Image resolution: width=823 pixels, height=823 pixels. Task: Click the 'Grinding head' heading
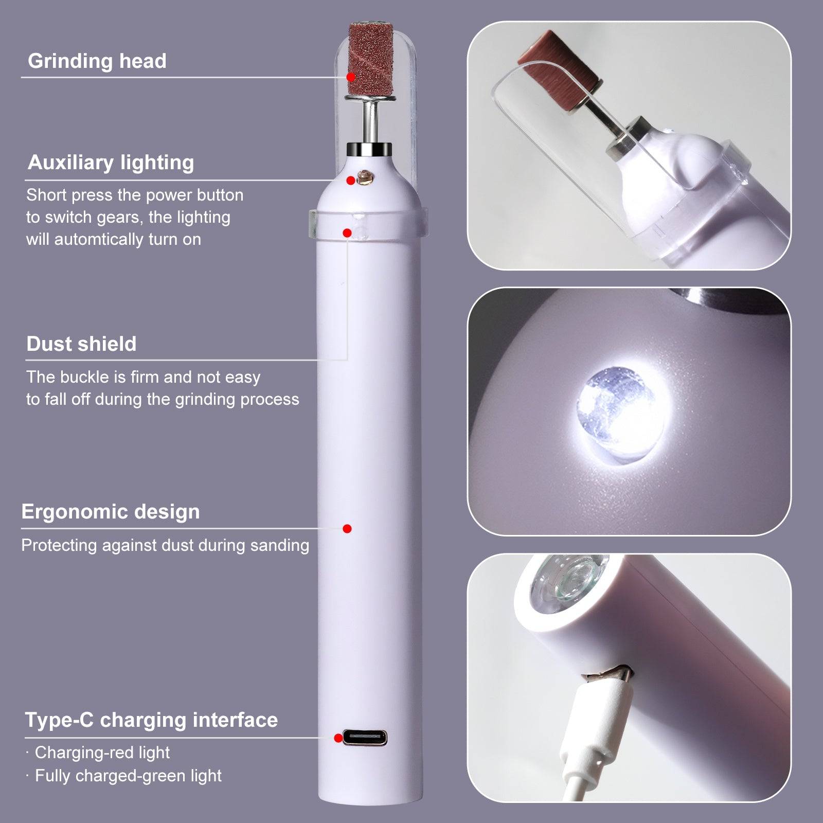(x=97, y=61)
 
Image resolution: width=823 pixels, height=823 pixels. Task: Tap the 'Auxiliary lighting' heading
(x=111, y=163)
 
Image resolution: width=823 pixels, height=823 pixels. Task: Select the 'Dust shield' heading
(x=81, y=344)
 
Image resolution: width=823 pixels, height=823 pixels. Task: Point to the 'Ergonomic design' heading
(x=111, y=512)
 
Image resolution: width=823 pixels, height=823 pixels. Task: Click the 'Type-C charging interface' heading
(x=151, y=720)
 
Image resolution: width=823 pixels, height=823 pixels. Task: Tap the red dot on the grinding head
(x=351, y=77)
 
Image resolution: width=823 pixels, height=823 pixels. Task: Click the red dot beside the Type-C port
(x=338, y=738)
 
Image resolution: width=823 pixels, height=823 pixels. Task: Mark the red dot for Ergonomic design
(x=347, y=528)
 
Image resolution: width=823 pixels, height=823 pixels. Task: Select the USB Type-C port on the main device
(x=365, y=738)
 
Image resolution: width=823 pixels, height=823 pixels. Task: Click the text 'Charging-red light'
(x=102, y=753)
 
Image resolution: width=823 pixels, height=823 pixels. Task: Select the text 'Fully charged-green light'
(x=128, y=775)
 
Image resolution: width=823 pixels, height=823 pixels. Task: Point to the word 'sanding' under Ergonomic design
(x=279, y=545)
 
